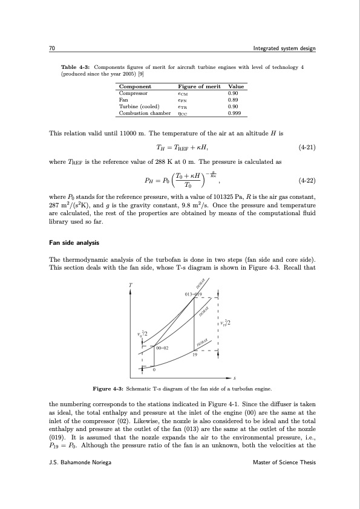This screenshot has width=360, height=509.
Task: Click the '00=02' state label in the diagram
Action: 162,348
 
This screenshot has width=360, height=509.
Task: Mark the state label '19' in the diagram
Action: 194,355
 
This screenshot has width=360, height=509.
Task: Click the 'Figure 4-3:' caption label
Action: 108,387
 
